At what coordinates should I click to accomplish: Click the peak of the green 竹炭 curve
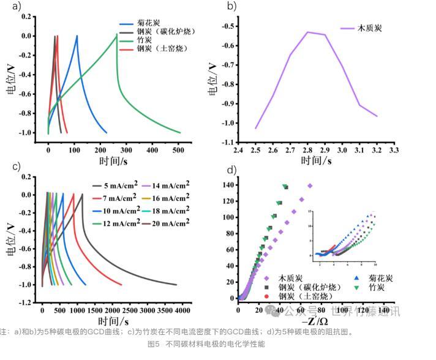(x=116, y=34)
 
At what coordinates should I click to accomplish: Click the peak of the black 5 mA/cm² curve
(x=82, y=195)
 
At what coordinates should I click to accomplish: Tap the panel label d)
(x=231, y=170)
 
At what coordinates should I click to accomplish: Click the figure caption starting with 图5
(x=206, y=344)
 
